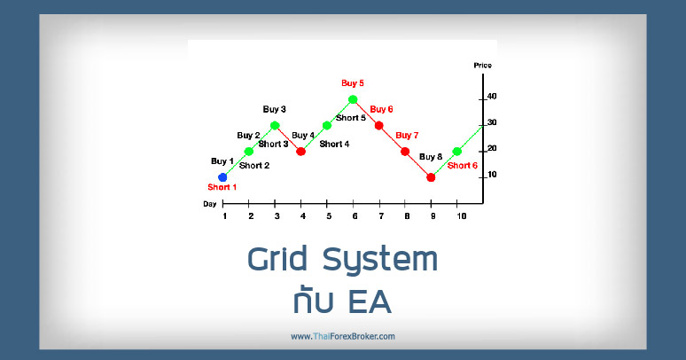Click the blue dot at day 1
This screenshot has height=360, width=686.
click(x=222, y=177)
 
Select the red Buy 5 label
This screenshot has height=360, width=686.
click(x=353, y=83)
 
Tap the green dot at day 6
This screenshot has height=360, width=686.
click(x=353, y=99)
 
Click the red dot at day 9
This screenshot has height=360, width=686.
click(x=431, y=177)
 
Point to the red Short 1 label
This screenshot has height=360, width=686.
click(x=222, y=188)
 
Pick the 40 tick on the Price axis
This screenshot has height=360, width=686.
click(x=491, y=96)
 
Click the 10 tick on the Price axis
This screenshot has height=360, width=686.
click(x=491, y=175)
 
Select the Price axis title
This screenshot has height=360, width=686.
click(x=483, y=66)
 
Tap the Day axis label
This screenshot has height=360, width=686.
click(x=209, y=204)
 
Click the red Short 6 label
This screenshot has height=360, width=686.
click(x=462, y=166)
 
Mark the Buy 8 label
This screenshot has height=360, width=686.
click(x=431, y=157)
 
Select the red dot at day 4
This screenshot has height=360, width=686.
click(x=300, y=152)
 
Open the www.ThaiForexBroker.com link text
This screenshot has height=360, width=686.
click(x=342, y=336)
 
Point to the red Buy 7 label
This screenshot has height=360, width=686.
click(x=407, y=136)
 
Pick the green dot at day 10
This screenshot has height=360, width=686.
click(x=457, y=152)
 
